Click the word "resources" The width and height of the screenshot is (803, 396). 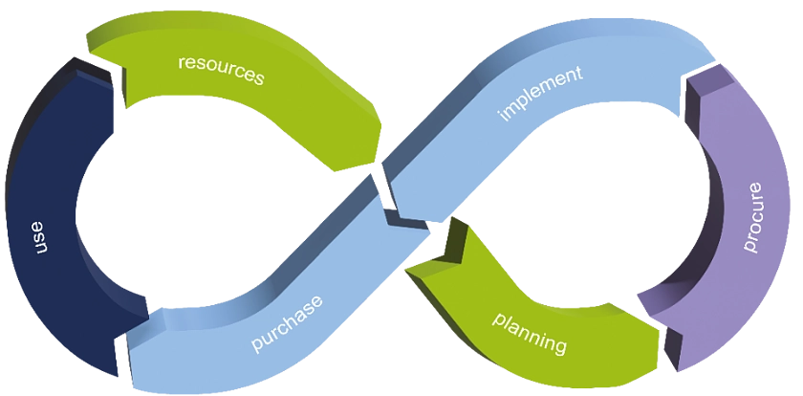tap(221, 70)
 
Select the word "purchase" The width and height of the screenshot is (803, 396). tap(286, 323)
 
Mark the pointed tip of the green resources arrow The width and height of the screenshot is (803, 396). tap(368, 163)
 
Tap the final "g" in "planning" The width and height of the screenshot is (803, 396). tap(561, 344)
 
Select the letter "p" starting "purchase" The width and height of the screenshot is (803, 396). tap(256, 343)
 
